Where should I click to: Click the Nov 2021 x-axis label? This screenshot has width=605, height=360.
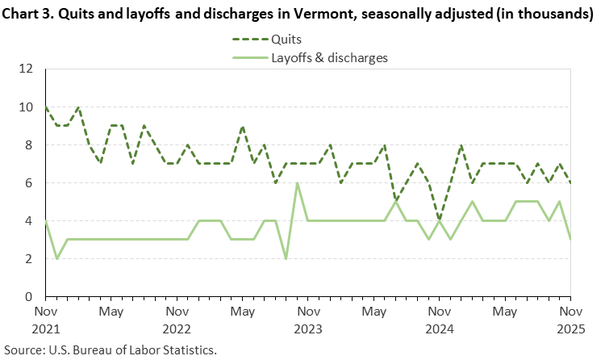[x=46, y=320]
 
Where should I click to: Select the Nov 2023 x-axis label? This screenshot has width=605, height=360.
[x=308, y=320]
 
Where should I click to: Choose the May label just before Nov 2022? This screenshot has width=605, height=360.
[x=111, y=311]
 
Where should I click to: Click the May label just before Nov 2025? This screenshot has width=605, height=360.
[x=505, y=311]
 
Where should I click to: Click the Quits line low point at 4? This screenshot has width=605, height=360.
[x=439, y=220]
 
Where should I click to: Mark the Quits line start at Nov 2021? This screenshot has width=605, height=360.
[x=46, y=107]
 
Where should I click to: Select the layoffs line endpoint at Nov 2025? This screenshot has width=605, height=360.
[x=570, y=240]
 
